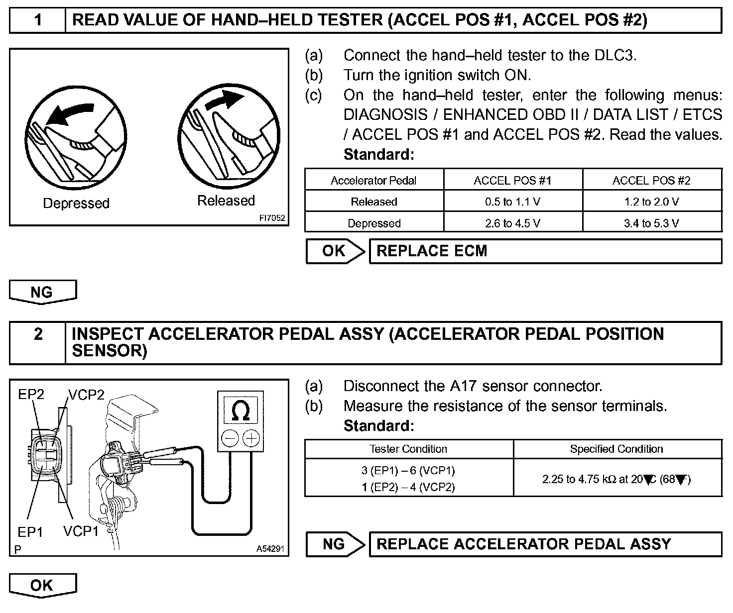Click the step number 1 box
[38, 20]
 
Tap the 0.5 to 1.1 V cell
[512, 202]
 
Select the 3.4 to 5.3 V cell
[651, 223]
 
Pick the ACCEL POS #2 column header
[651, 180]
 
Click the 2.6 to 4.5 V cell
[512, 223]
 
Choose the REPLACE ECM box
[545, 251]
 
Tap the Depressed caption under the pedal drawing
[76, 203]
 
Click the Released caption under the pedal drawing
[226, 201]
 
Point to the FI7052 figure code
[272, 218]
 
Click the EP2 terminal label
[31, 395]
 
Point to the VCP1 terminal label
[81, 531]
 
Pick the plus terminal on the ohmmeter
[251, 438]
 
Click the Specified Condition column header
[616, 449]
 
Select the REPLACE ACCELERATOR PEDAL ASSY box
[545, 544]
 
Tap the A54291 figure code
[270, 549]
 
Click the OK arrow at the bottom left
[42, 585]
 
